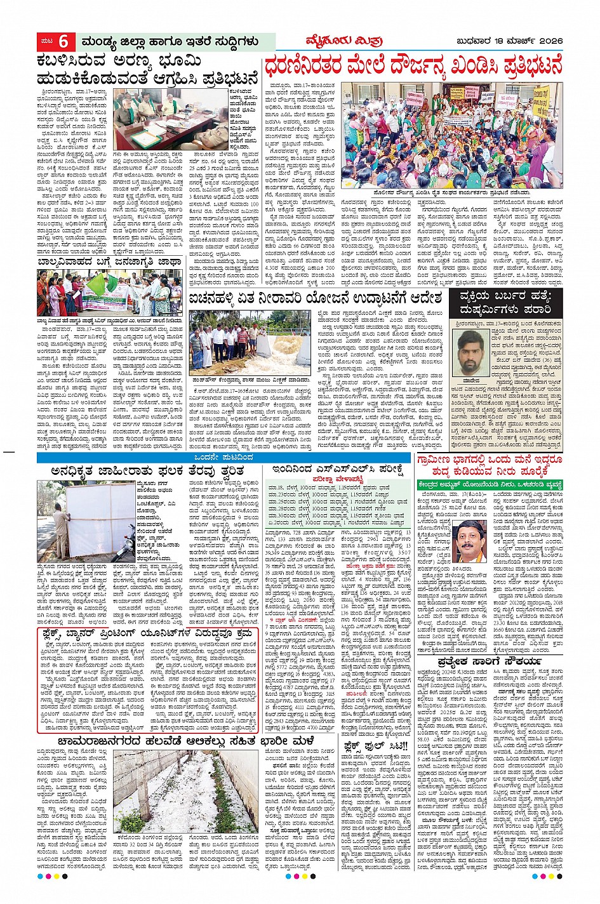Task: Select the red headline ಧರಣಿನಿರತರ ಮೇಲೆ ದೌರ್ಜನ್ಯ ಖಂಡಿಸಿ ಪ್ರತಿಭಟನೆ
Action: point(413,67)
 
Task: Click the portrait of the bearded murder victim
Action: point(470,352)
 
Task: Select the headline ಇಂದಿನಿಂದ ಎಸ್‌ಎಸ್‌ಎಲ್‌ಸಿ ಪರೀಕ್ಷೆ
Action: point(337,470)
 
